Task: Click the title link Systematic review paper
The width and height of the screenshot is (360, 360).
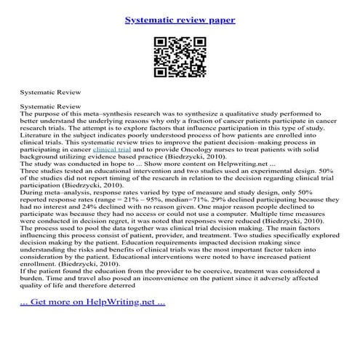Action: (179, 20)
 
